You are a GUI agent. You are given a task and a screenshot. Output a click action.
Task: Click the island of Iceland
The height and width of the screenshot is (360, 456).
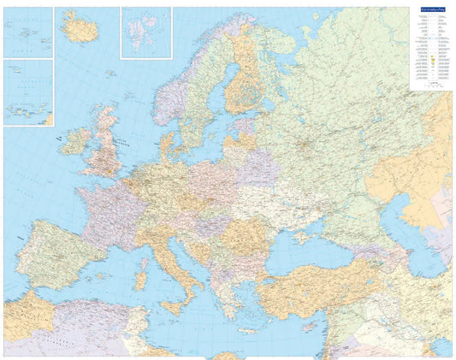coord(81,29)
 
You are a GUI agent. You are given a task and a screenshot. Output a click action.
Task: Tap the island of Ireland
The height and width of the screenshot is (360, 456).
coord(75,140)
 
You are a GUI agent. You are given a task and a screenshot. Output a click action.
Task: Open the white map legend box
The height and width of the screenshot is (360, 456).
coord(429,51)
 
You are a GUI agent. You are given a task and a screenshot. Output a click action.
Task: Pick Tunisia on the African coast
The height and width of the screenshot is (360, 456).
coord(142,329)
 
